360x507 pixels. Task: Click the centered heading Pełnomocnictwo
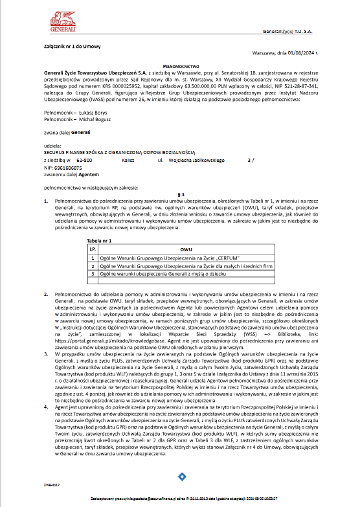[181, 65]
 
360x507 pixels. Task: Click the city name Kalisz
[128, 159]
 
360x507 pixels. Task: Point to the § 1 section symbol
[181, 194]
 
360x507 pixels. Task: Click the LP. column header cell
[93, 249]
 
